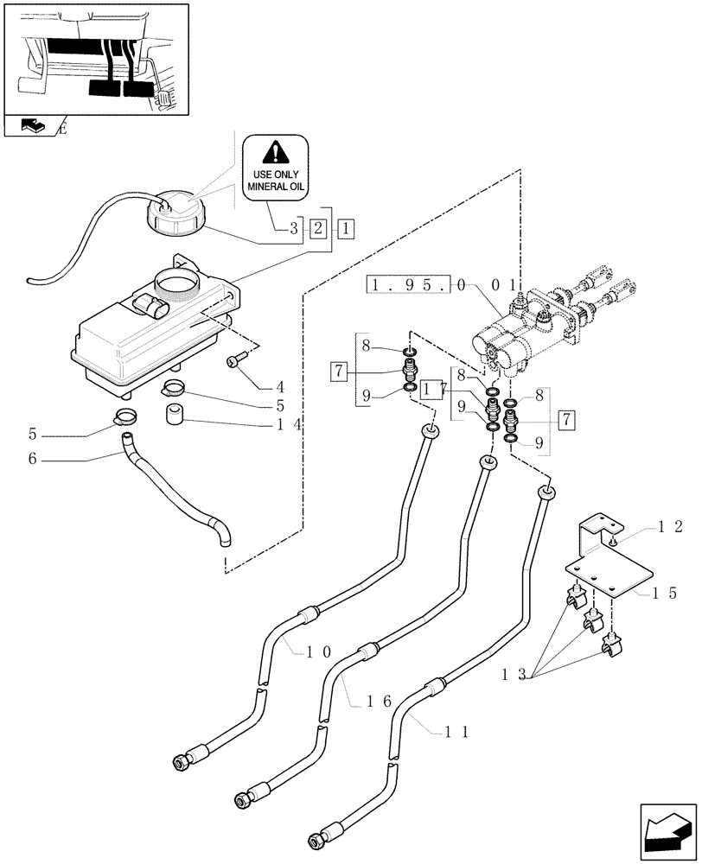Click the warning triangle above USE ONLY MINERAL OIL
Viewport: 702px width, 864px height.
[x=274, y=154]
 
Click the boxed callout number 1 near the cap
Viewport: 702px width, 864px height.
[x=346, y=229]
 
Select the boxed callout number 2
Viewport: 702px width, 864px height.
[x=318, y=229]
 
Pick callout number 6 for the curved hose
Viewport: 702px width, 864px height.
[x=32, y=460]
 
